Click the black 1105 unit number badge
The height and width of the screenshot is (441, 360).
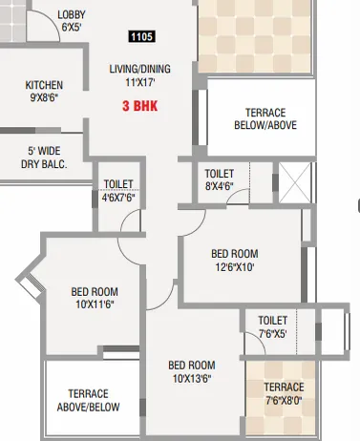click(140, 36)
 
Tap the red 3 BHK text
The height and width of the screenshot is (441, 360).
click(138, 108)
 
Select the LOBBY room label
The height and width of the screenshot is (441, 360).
click(71, 14)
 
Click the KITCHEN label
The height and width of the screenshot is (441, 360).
click(44, 85)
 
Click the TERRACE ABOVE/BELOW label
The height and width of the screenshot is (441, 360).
click(88, 400)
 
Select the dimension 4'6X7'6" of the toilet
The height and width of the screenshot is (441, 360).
click(119, 198)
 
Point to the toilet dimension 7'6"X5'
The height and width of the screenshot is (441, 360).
click(272, 333)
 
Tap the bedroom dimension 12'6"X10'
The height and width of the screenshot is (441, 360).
click(235, 267)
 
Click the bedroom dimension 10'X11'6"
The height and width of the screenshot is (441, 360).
click(95, 304)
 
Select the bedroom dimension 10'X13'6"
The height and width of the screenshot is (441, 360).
click(191, 378)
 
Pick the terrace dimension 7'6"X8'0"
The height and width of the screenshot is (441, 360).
click(285, 400)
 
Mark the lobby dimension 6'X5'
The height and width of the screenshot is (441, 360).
click(71, 28)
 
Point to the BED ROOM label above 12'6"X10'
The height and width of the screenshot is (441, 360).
click(235, 254)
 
